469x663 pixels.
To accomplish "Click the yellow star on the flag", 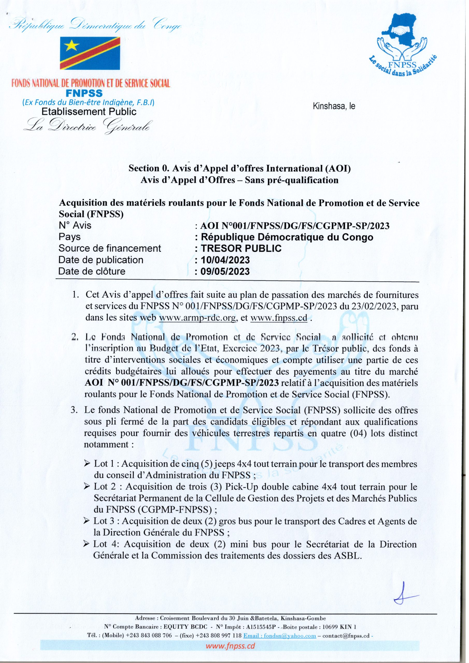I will pyautogui.click(x=70, y=45).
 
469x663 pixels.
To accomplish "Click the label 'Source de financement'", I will pyautogui.click(x=110, y=248).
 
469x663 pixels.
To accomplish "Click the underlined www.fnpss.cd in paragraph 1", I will pyautogui.click(x=279, y=318).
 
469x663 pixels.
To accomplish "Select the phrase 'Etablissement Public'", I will pyautogui.click(x=88, y=112).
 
